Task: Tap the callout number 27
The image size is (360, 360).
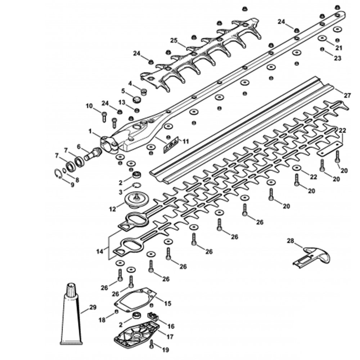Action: point(347,96)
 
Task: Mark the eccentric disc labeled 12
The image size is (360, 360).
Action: point(136,199)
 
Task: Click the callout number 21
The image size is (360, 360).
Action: point(339,48)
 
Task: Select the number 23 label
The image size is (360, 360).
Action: point(337,58)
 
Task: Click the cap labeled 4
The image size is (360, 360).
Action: point(143,91)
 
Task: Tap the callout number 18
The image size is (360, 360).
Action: point(102,319)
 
